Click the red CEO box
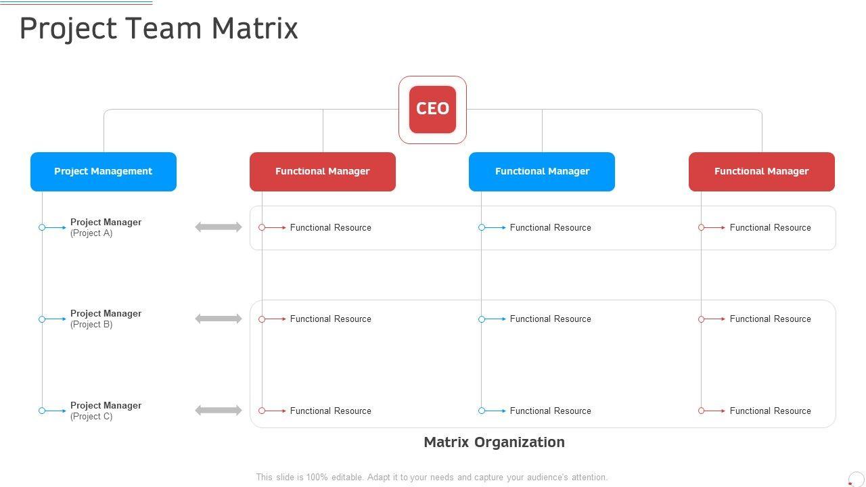pyautogui.click(x=432, y=109)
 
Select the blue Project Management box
pyautogui.click(x=104, y=172)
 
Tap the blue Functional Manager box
pyautogui.click(x=542, y=172)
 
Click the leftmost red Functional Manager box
pyautogui.click(x=323, y=172)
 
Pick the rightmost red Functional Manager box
pyautogui.click(x=762, y=172)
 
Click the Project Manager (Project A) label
pyautogui.click(x=106, y=227)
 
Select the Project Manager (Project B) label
pyautogui.click(x=106, y=319)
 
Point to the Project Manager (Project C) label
pyautogui.click(x=106, y=411)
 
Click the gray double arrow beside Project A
pyautogui.click(x=219, y=227)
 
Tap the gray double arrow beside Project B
pyautogui.click(x=219, y=319)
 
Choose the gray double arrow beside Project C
pyautogui.click(x=219, y=411)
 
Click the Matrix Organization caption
pyautogui.click(x=494, y=442)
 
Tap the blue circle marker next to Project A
pyautogui.click(x=42, y=227)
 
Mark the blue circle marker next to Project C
pyautogui.click(x=42, y=411)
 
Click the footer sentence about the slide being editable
pyautogui.click(x=432, y=477)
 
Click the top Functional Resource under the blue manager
pyautogui.click(x=550, y=228)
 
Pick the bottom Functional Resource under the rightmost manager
pyautogui.click(x=770, y=411)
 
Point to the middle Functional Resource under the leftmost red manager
pyautogui.click(x=330, y=319)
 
